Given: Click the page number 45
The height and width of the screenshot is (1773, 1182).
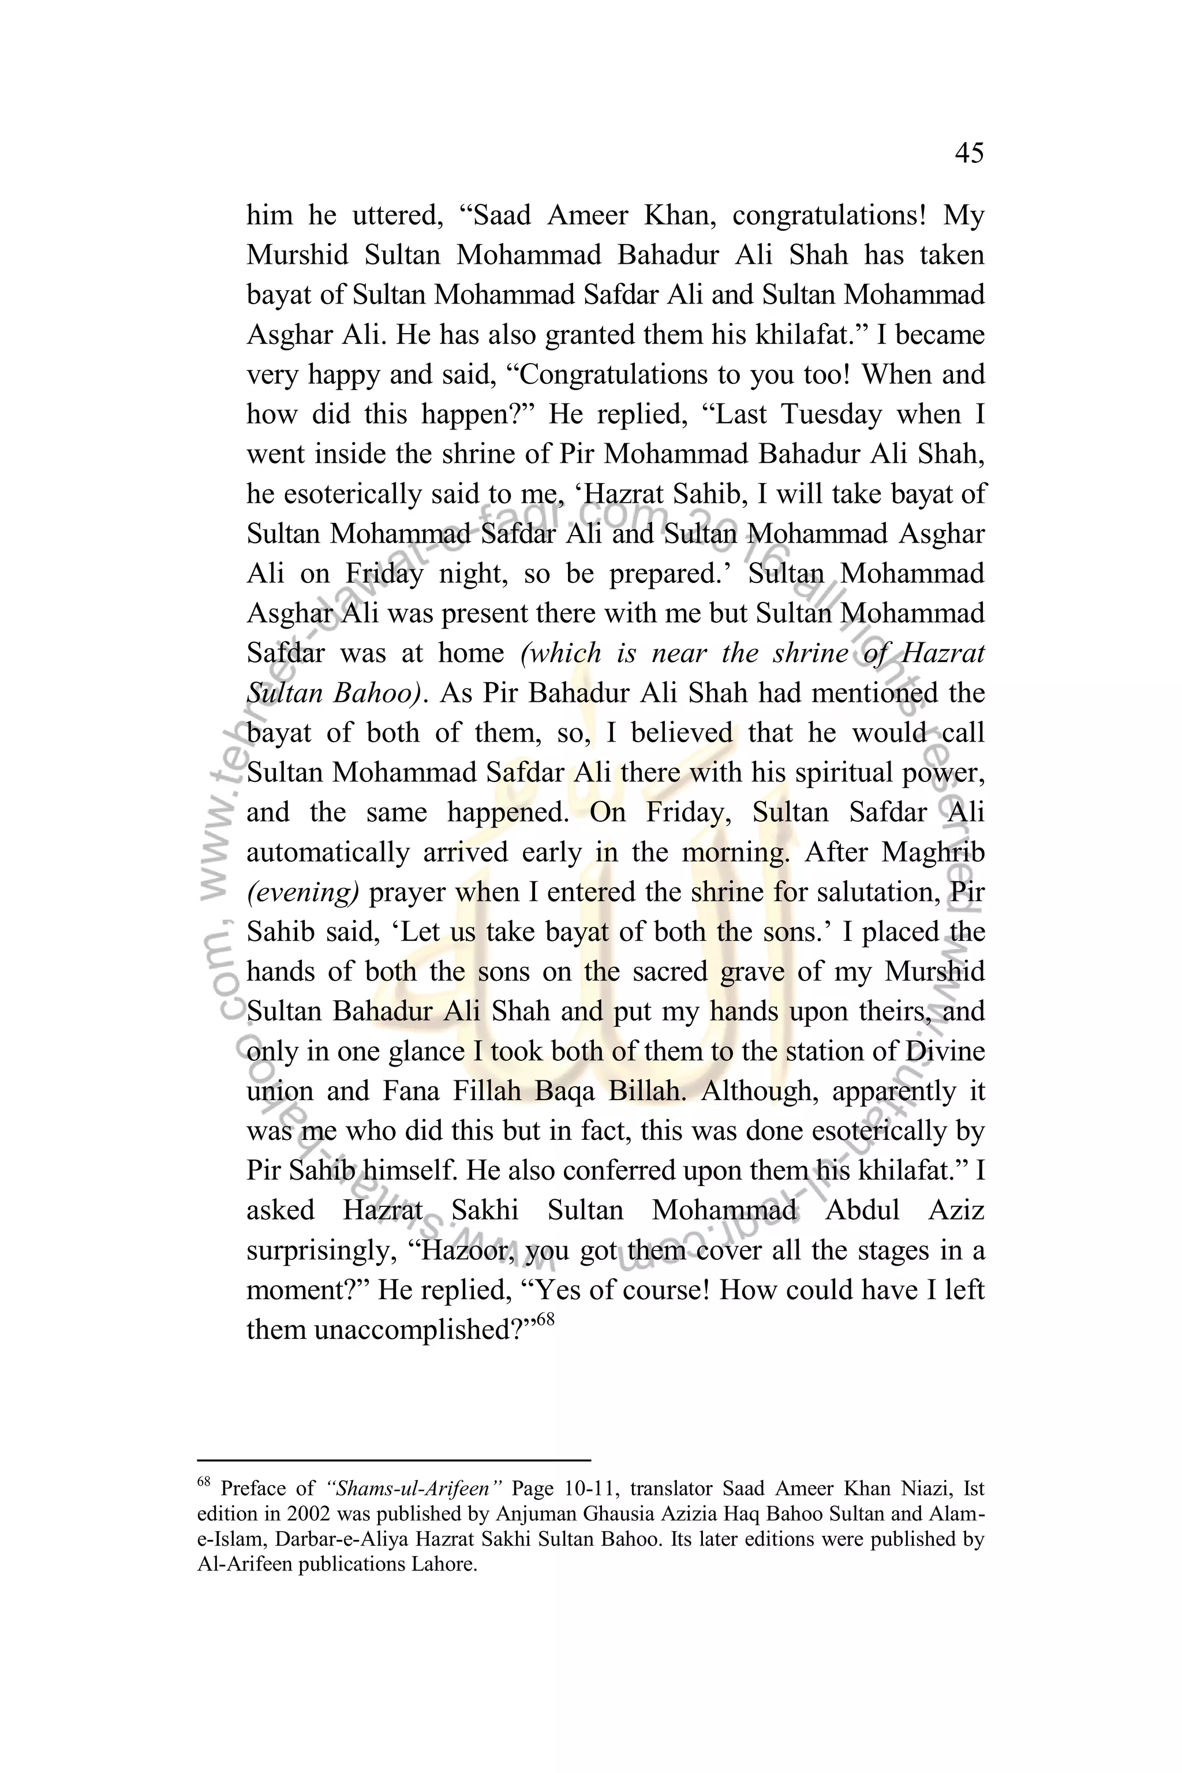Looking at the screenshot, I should tap(968, 153).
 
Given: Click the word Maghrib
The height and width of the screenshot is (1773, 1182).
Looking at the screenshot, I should tap(933, 852).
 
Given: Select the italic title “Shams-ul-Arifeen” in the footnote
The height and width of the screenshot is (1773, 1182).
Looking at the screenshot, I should tap(416, 1489).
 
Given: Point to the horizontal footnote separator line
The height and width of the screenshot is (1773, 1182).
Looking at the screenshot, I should tap(394, 1460).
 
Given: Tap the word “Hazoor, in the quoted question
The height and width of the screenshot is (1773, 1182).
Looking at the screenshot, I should tap(461, 1251).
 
